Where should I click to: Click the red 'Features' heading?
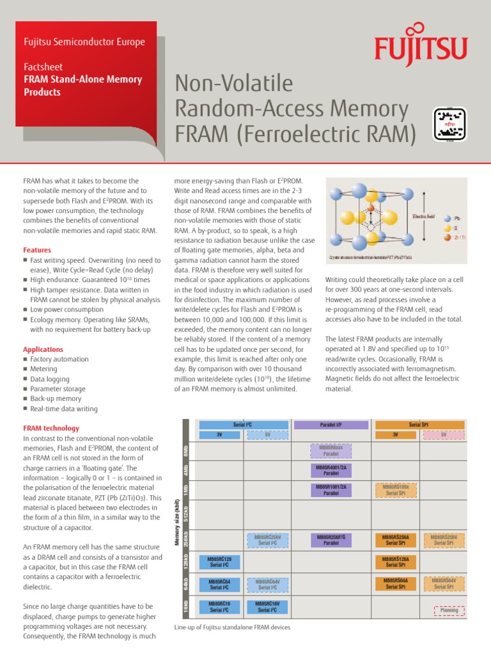coord(37,250)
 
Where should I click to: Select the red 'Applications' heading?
coord(43,349)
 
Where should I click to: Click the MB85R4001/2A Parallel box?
coord(331,471)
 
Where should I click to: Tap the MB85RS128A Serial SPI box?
coord(400,562)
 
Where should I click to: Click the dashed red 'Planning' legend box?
coord(449,611)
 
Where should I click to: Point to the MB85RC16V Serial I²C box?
coord(269,606)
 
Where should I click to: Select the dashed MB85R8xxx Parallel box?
coord(331,451)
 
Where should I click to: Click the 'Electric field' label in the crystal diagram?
coord(424,216)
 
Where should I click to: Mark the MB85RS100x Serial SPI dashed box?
coord(400,491)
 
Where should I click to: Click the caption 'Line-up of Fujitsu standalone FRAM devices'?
coord(232,627)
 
